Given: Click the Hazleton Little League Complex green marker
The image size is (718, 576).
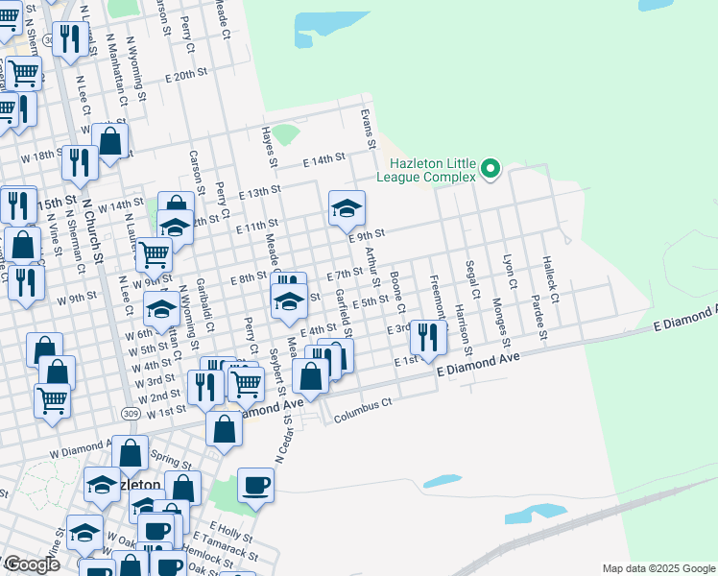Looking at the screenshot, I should point(491,170).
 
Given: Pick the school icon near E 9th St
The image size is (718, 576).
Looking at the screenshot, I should point(347,207).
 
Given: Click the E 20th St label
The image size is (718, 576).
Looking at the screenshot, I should point(186,74).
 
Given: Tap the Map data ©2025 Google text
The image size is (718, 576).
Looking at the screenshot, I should point(658,568).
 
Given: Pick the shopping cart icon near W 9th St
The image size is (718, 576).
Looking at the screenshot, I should point(154,254).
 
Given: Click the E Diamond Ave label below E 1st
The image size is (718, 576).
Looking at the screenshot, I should point(478,363).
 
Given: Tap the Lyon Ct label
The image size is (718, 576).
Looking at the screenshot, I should point(510,272).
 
